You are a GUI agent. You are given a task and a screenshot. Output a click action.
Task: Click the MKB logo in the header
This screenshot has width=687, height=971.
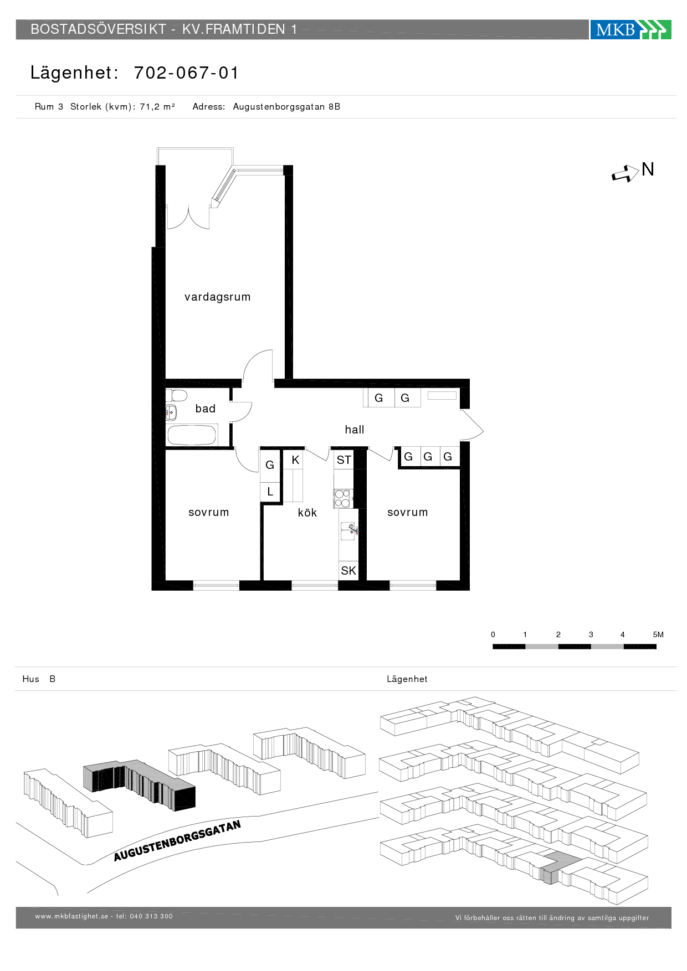click(630, 29)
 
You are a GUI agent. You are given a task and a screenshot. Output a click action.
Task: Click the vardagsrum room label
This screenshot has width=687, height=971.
click(217, 297)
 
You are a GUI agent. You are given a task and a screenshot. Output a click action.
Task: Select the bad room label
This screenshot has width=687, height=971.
click(205, 409)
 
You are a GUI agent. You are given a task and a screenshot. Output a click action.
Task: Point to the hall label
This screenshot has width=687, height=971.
click(355, 430)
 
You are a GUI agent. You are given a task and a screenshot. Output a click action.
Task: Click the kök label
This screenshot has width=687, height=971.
click(307, 513)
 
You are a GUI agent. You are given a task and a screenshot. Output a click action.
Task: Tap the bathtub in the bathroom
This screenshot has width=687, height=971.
click(192, 435)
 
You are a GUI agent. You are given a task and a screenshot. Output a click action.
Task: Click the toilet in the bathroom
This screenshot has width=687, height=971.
click(177, 396)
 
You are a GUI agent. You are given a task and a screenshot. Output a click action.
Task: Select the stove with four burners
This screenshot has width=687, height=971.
click(342, 499)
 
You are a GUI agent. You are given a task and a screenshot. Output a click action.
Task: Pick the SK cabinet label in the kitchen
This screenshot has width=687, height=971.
click(348, 571)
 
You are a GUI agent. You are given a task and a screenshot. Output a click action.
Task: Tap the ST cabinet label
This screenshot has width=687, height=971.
click(343, 460)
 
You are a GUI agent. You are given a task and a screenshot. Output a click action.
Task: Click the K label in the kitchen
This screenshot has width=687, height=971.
click(295, 460)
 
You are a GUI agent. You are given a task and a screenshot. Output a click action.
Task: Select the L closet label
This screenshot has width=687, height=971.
click(270, 492)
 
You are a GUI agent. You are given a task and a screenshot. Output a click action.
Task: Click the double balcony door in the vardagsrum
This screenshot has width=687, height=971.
click(188, 217)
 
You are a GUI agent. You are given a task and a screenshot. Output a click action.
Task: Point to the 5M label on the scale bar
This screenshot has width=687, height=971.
click(658, 634)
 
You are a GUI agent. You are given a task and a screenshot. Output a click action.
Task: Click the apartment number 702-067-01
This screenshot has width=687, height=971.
click(186, 73)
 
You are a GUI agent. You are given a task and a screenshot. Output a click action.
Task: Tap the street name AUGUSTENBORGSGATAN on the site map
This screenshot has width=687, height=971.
click(177, 841)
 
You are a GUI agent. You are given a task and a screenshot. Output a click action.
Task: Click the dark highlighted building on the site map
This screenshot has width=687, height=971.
click(139, 786)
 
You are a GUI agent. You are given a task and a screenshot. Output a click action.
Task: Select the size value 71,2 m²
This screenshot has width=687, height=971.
click(157, 106)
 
